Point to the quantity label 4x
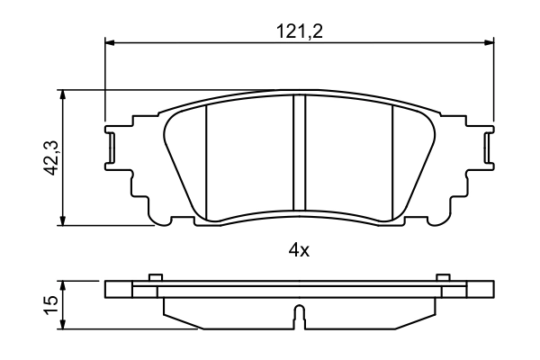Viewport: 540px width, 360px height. coord(299,251)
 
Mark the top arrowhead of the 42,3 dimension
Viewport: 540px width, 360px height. coord(63,94)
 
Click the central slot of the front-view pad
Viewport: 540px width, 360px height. coord(301,157)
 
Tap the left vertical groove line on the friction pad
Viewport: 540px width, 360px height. coord(207,162)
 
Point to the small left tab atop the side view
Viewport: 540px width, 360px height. coord(155,277)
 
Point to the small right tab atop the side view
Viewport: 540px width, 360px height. coord(442,277)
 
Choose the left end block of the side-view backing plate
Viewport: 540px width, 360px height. coord(119,290)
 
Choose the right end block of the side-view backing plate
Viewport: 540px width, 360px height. coord(481,290)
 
